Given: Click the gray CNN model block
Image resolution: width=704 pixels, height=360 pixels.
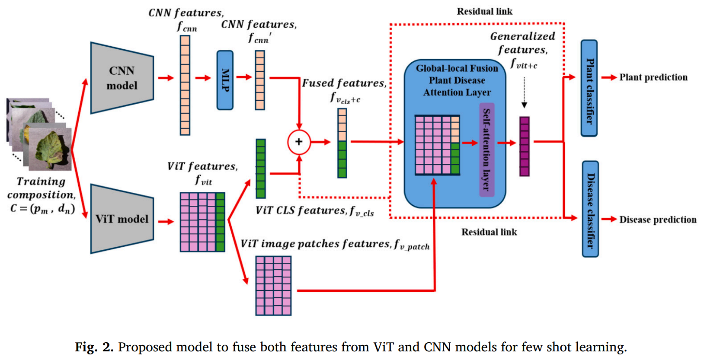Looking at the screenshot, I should [122, 78].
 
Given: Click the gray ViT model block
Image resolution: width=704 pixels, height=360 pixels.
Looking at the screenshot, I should [122, 219].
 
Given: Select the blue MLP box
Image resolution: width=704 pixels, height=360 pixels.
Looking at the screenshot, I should [225, 80].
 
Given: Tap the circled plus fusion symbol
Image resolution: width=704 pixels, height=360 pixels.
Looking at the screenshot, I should [299, 142].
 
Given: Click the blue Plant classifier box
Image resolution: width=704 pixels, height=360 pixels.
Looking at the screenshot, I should [589, 88].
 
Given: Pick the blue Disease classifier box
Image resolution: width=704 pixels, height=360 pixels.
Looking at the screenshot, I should [590, 209].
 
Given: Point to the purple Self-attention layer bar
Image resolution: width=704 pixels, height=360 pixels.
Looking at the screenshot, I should [486, 150].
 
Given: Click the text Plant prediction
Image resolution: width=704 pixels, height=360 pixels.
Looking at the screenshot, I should [653, 77].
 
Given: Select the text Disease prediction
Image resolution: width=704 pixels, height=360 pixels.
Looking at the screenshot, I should [658, 220].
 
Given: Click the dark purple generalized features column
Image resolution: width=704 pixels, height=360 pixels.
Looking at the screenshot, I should [524, 147].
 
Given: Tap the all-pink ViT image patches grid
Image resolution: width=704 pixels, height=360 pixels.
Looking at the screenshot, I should [273, 286].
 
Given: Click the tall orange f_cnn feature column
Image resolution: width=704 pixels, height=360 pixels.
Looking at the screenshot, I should [185, 85].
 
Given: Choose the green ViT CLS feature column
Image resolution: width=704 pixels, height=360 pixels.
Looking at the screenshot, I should [261, 169].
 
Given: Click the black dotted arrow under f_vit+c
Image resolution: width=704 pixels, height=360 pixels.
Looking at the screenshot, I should [524, 92].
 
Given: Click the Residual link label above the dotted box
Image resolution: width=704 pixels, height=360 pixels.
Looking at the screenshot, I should [484, 12].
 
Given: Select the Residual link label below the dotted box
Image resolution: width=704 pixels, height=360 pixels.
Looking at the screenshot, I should [489, 232].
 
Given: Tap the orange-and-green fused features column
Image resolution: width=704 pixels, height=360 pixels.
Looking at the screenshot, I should [342, 143].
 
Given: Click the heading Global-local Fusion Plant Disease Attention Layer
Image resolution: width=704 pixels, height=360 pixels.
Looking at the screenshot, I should [457, 80].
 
